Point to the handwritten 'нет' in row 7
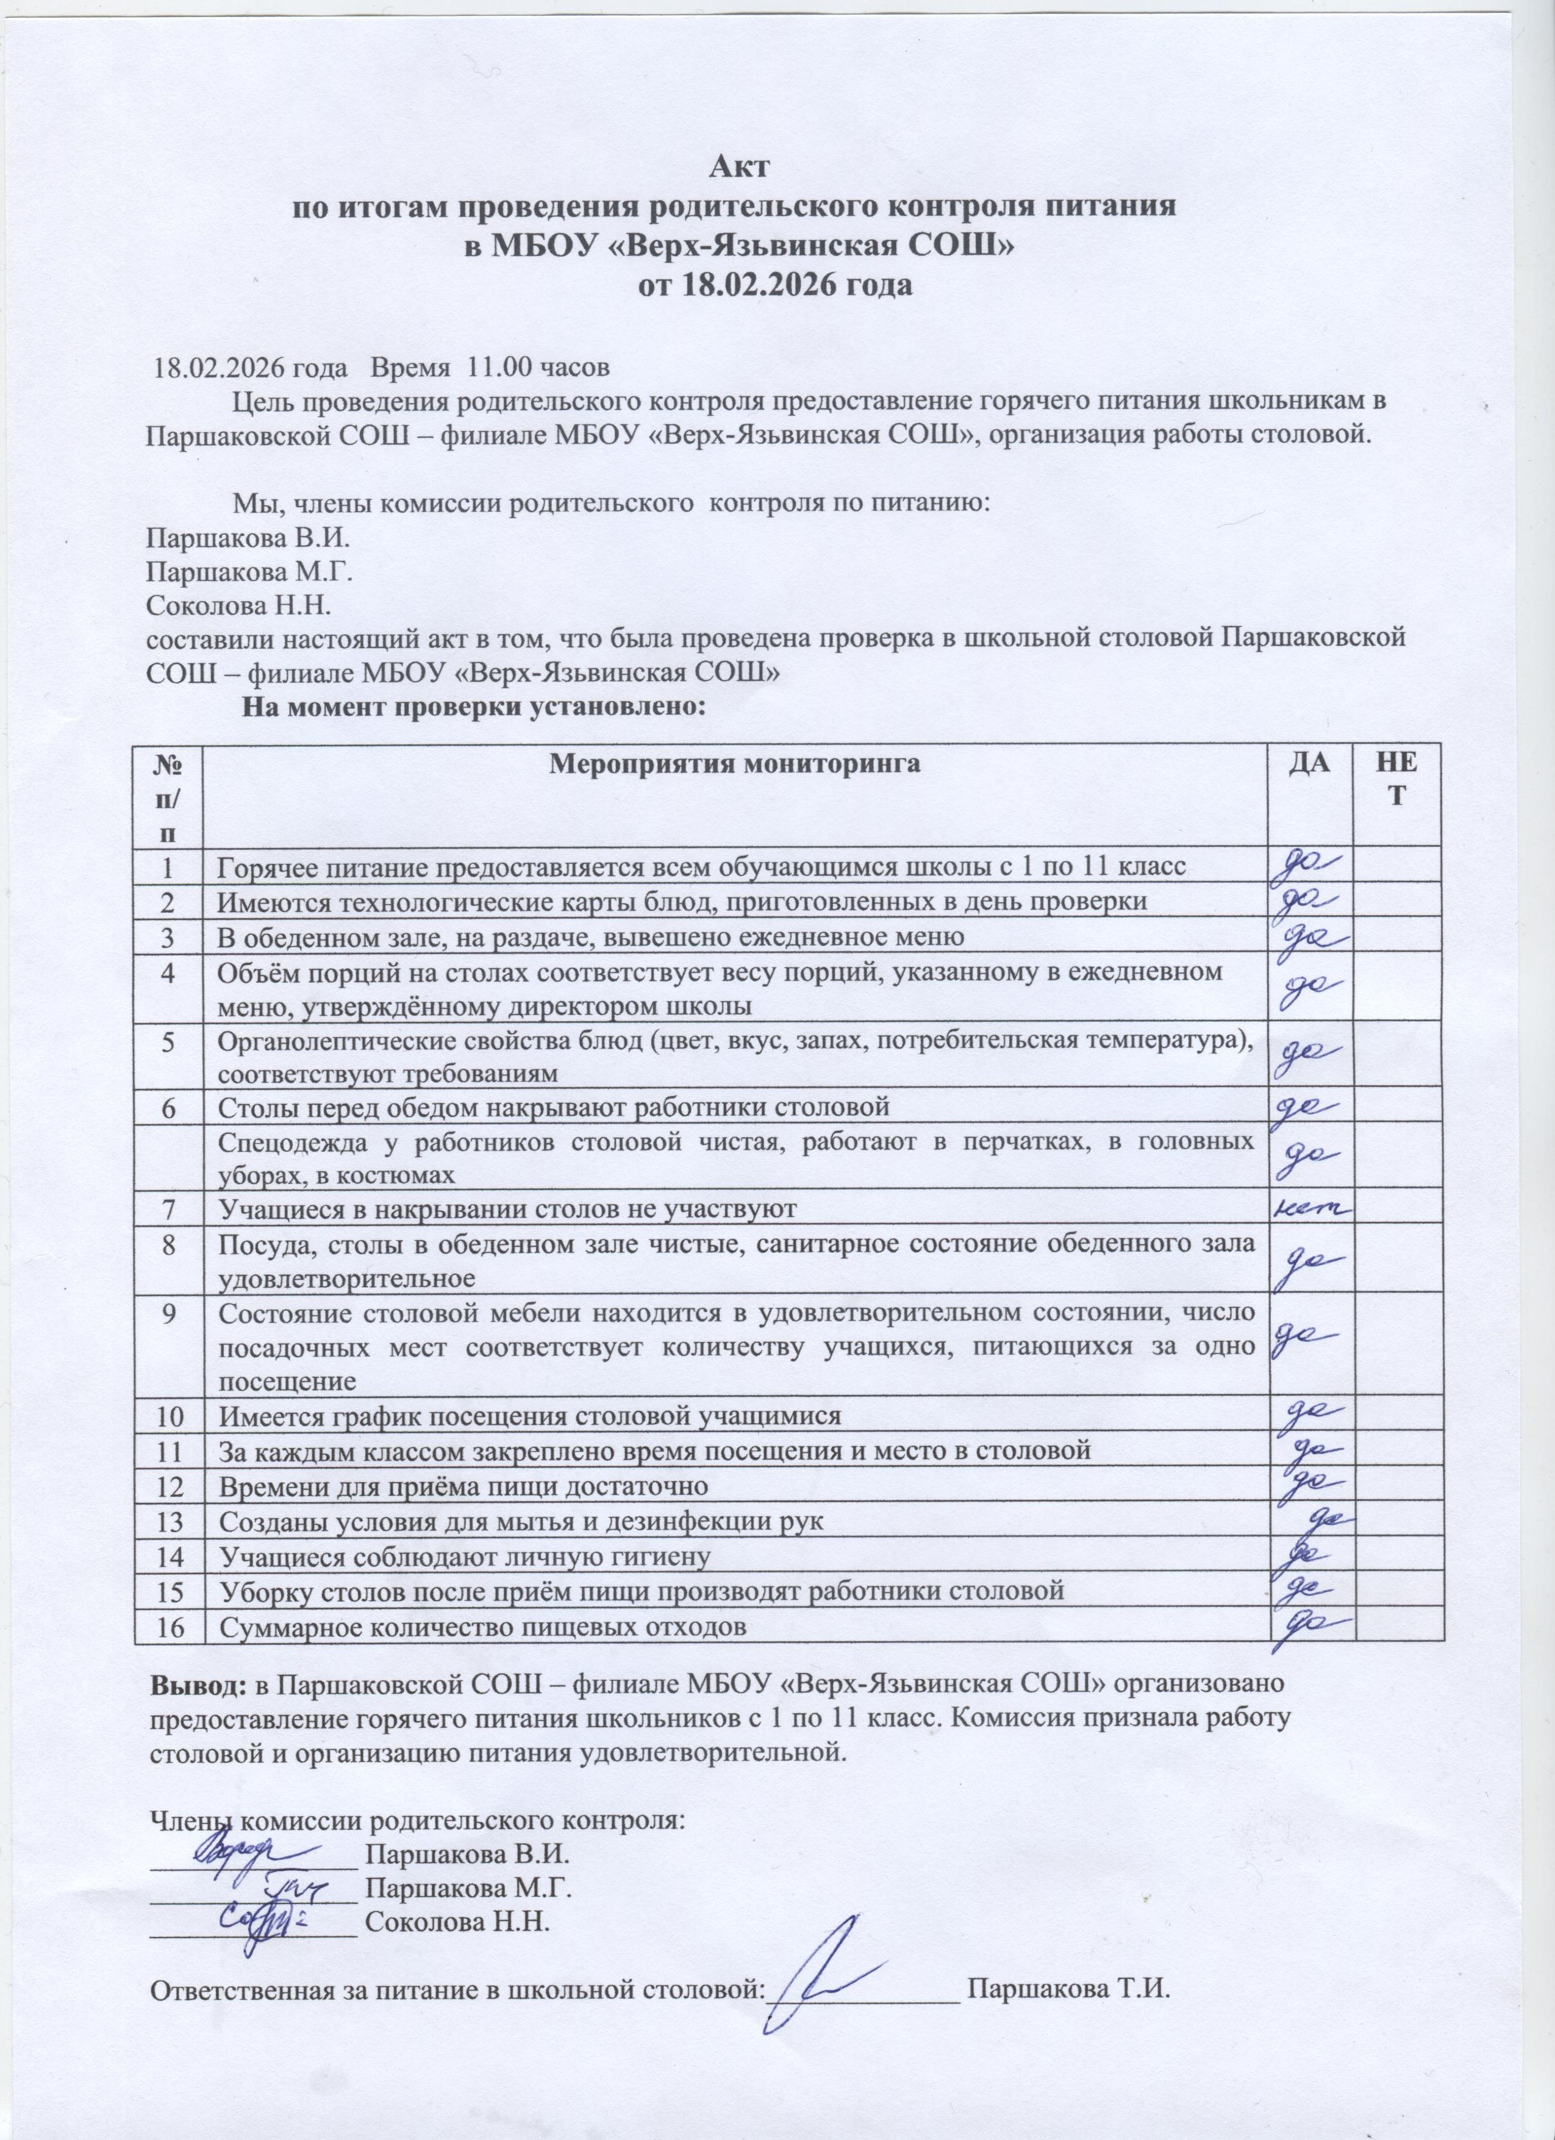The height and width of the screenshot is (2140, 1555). point(1312,1208)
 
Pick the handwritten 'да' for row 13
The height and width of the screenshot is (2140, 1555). point(1335,1804)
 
